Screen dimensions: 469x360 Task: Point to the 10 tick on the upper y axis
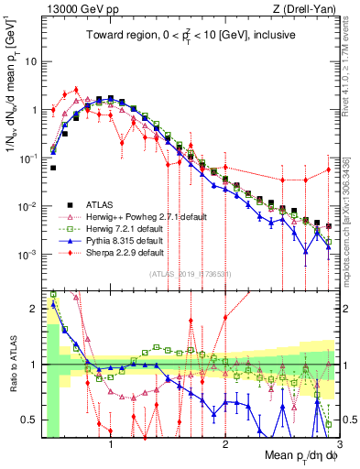click(x=31, y=62)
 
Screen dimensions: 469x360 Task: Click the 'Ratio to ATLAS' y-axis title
click(x=11, y=365)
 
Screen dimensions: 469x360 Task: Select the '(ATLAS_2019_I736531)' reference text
click(x=191, y=274)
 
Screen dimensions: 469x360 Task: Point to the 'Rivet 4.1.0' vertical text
click(x=352, y=69)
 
